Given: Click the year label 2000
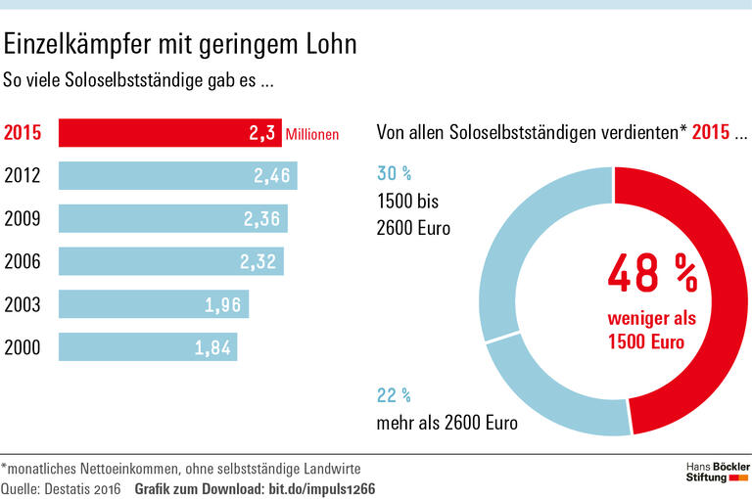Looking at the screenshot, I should tap(23, 347).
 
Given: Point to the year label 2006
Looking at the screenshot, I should tap(23, 262).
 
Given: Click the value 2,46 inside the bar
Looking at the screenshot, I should tap(272, 176).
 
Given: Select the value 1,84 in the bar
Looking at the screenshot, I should tap(212, 347).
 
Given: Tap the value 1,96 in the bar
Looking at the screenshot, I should tap(223, 304).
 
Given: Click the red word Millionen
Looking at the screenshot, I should tap(312, 134).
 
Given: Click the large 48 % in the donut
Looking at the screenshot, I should tap(652, 274).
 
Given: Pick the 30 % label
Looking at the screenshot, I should tap(394, 174).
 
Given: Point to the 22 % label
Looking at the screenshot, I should tap(394, 395).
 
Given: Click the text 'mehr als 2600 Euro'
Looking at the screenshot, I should tap(447, 424).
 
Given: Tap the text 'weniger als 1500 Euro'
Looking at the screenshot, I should tap(650, 332).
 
